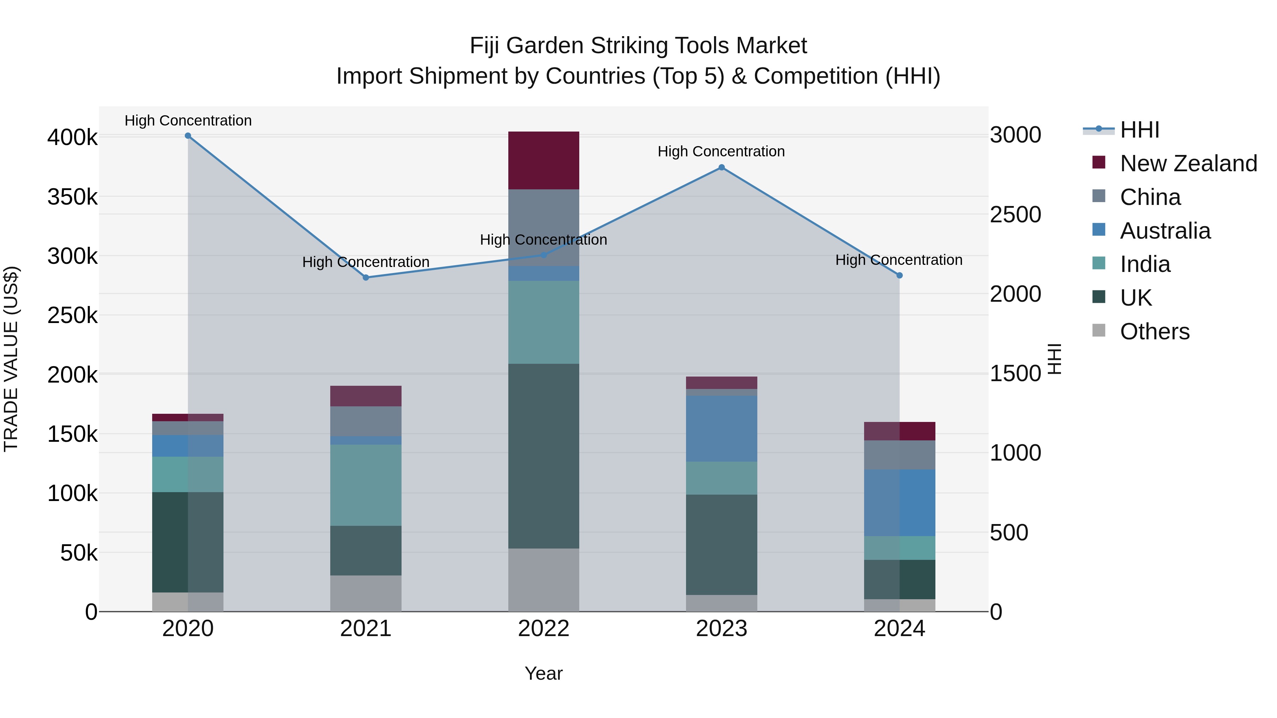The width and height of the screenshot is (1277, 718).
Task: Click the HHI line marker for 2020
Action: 188,136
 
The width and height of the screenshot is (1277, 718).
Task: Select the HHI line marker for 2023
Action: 721,167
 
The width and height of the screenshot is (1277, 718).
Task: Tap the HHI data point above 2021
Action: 366,278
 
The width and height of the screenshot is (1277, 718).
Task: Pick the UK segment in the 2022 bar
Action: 543,456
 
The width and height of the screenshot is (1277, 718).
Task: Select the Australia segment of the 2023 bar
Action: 721,429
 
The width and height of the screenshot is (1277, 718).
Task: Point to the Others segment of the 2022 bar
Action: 543,580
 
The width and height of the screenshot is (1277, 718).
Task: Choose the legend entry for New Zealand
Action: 1188,163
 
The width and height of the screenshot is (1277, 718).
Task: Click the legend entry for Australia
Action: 1165,231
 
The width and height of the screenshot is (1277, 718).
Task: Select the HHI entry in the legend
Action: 1139,130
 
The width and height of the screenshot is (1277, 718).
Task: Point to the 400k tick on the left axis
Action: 72,138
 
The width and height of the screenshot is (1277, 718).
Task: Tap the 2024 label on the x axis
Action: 899,629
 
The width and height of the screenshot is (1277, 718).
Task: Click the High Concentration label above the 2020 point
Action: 188,121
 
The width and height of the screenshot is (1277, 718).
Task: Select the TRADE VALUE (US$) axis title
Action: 11,359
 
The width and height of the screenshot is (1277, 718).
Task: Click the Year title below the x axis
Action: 543,673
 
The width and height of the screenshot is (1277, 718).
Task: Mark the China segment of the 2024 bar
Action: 899,455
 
